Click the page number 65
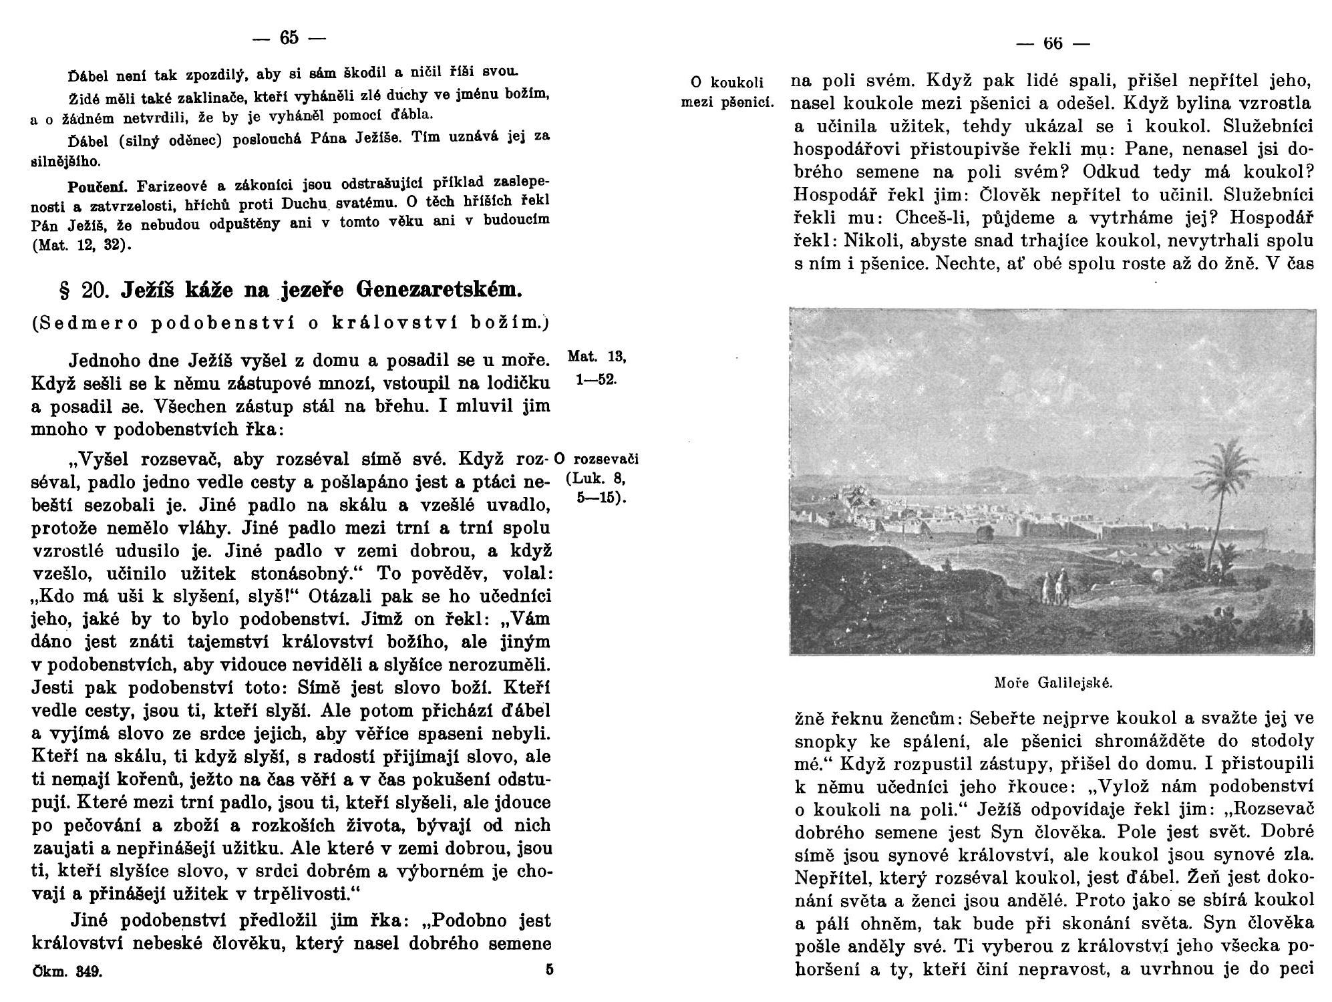(289, 38)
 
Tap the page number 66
(1052, 43)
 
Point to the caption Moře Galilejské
(1052, 683)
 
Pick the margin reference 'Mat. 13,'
(597, 357)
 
